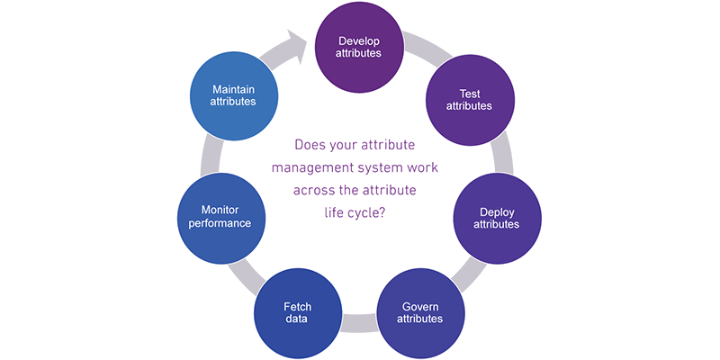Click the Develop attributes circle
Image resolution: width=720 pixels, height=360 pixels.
click(359, 48)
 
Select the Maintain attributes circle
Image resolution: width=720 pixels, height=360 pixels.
click(234, 96)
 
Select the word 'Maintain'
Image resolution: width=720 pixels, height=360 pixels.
click(234, 90)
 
